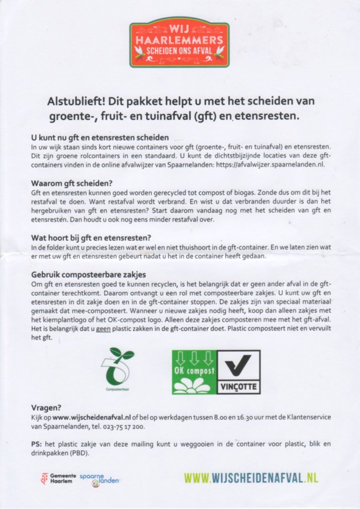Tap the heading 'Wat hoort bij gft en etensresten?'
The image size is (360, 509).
(x=91, y=237)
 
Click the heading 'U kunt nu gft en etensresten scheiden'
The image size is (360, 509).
(x=100, y=137)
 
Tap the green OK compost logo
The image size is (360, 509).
(x=194, y=372)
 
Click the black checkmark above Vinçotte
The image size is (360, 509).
(x=239, y=365)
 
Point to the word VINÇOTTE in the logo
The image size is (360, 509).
(x=239, y=386)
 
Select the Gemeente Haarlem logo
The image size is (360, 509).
(x=59, y=479)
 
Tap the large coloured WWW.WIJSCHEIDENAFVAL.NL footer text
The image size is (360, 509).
(x=251, y=478)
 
